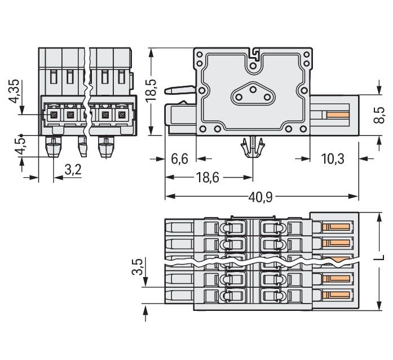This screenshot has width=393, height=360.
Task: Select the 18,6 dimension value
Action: pyautogui.click(x=207, y=178)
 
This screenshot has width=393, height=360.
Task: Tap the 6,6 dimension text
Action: pyautogui.click(x=179, y=159)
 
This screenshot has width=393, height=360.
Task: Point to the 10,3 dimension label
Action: pyautogui.click(x=333, y=159)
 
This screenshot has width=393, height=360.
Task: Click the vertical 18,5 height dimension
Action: pyautogui.click(x=151, y=90)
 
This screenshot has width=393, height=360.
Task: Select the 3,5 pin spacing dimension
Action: pyautogui.click(x=138, y=267)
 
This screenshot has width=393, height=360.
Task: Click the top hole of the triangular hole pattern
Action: pyautogui.click(x=253, y=87)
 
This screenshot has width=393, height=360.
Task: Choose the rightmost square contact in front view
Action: pyautogui.click(x=121, y=115)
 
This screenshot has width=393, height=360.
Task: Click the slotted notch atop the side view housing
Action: pyautogui.click(x=254, y=55)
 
